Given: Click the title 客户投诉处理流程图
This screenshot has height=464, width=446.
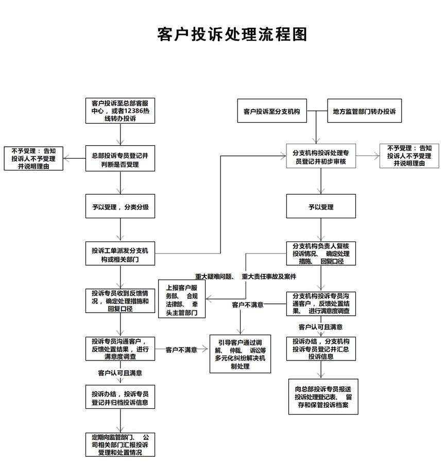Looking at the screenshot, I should (x=232, y=34).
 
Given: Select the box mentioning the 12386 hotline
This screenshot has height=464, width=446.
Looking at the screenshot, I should (x=121, y=111).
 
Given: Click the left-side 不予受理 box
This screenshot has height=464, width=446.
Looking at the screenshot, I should (x=33, y=159).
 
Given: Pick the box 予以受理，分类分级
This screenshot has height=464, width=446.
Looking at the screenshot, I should (x=121, y=207).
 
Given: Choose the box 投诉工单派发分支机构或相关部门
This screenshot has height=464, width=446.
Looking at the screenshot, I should (x=121, y=254).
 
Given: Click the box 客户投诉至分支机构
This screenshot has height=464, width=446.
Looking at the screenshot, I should (x=272, y=111).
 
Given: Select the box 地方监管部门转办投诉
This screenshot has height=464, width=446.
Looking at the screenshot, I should (x=364, y=111).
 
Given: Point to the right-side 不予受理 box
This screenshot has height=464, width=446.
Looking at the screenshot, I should (x=409, y=156).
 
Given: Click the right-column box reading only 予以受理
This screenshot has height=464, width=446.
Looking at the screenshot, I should (x=321, y=207).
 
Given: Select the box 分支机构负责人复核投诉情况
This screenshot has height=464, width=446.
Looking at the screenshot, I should (x=321, y=254).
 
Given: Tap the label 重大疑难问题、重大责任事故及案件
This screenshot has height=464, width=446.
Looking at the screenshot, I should (x=246, y=277).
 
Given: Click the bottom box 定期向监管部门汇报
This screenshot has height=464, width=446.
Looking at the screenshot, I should (x=121, y=444).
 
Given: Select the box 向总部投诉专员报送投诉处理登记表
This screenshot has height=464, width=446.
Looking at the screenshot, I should (x=323, y=397).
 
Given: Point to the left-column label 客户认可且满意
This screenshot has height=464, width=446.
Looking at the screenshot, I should (x=120, y=373).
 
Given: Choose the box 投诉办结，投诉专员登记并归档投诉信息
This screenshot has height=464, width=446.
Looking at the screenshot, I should (x=121, y=397).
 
